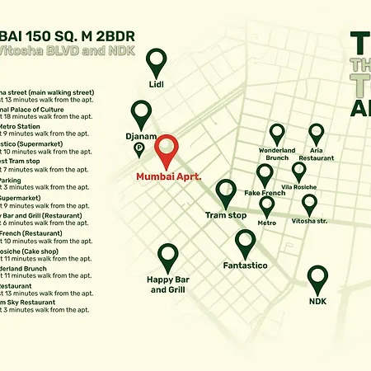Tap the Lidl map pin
click(157, 62)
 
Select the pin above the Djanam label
click(143, 113)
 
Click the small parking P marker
click(139, 149)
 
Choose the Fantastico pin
click(246, 243)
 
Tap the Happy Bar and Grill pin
click(168, 257)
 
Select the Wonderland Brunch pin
click(277, 134)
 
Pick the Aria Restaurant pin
click(317, 134)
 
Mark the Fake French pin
click(265, 175)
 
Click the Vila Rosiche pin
click(298, 171)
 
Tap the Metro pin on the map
click(267, 206)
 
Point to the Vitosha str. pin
click(309, 204)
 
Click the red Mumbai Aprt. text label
click(168, 176)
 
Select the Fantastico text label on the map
click(246, 265)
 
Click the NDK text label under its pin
click(318, 302)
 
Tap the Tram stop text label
click(226, 215)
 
